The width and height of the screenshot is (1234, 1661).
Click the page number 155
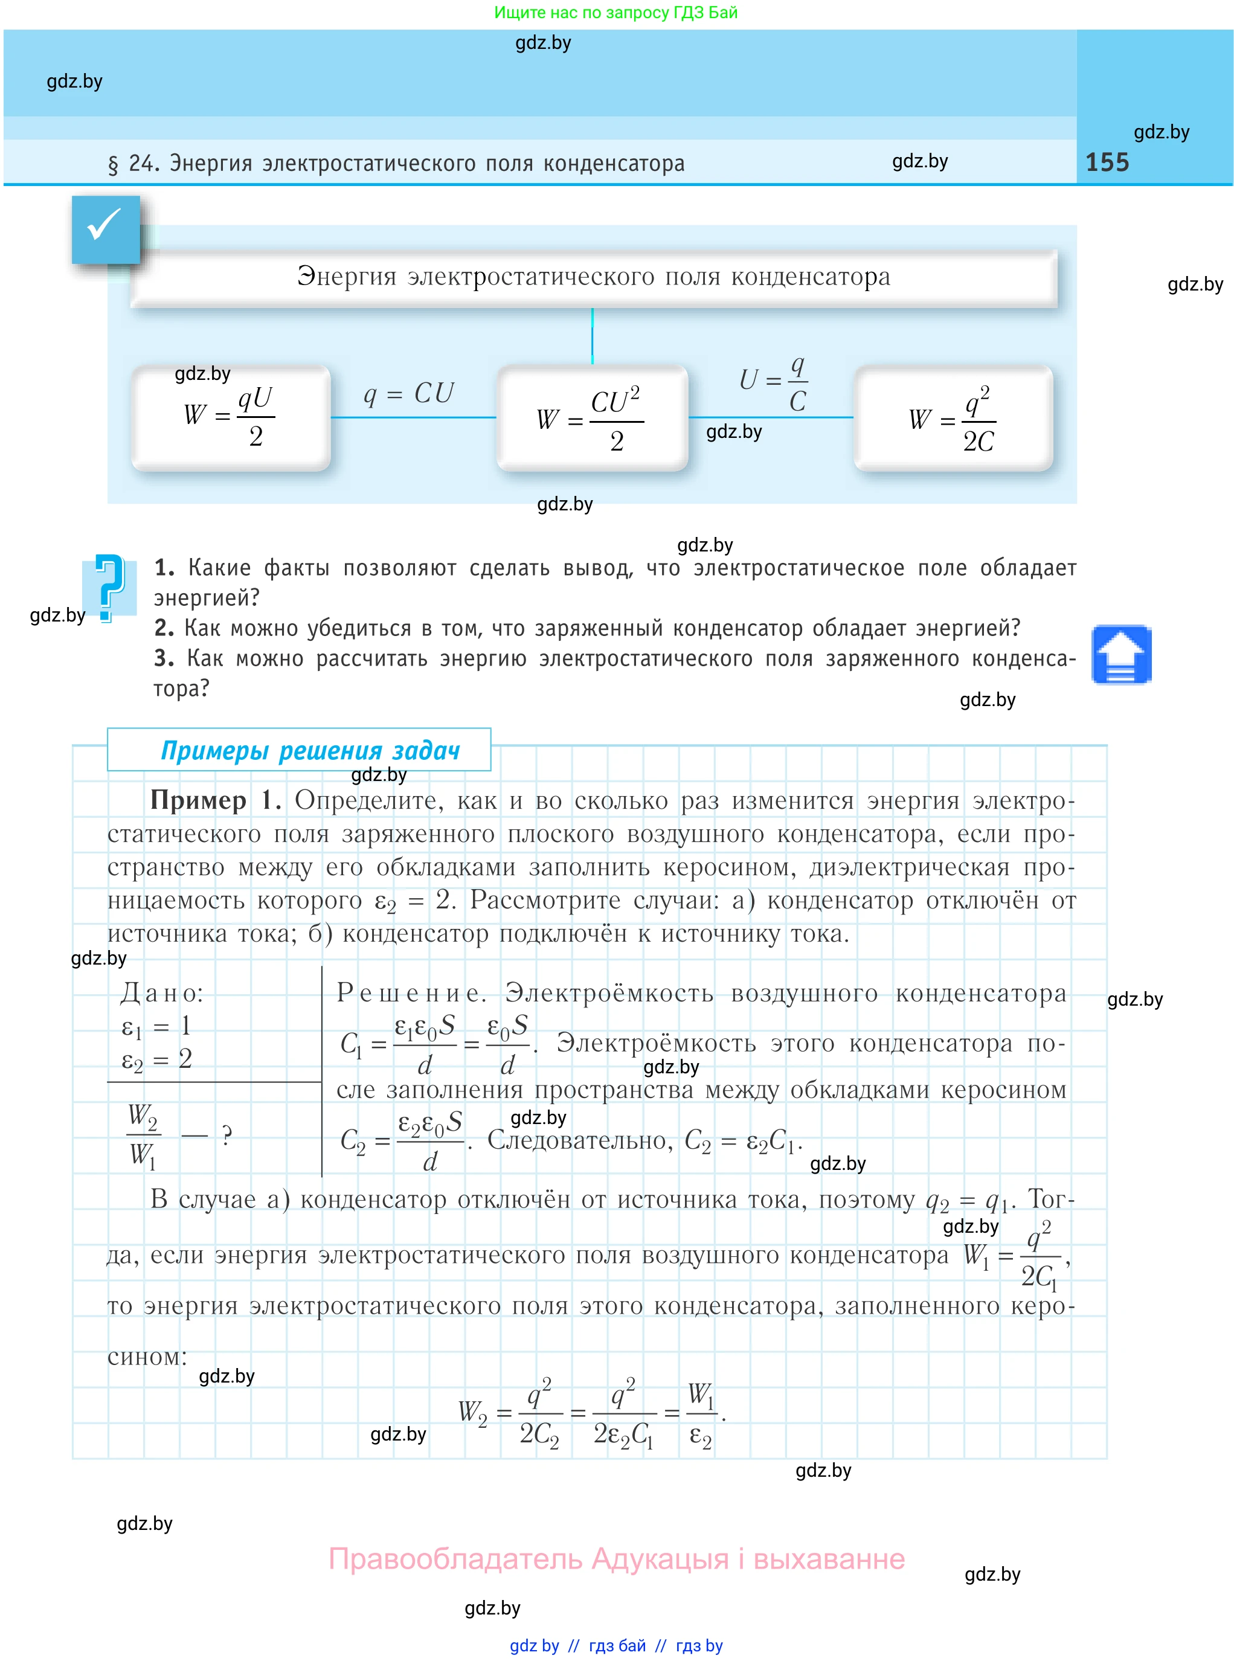[x=1107, y=162]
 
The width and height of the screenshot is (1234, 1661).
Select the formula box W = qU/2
[x=231, y=417]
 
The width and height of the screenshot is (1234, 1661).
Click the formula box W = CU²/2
[x=591, y=418]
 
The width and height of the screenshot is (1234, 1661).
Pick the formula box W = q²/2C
[x=953, y=418]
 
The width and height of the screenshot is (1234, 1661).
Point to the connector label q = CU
[x=408, y=393]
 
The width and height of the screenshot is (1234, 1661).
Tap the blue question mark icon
[x=109, y=587]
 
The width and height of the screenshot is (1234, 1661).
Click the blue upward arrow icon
[x=1120, y=654]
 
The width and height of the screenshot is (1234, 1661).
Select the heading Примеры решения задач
[x=310, y=750]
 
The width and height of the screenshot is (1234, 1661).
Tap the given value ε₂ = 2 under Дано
[x=157, y=1059]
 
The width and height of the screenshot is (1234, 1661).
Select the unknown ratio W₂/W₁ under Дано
[x=143, y=1135]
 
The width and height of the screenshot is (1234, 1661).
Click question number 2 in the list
[x=164, y=628]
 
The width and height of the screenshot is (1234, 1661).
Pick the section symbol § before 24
[x=113, y=164]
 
